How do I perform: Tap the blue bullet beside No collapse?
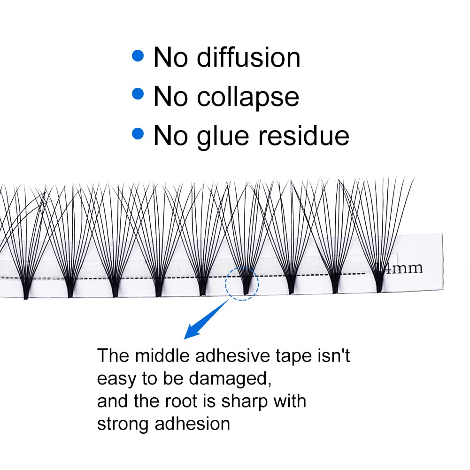click(138, 94)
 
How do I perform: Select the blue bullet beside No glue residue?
click(138, 134)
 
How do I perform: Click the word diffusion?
click(248, 57)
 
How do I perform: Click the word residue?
click(306, 135)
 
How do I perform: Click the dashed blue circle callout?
click(241, 284)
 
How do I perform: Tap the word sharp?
click(244, 402)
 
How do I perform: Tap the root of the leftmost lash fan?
click(26, 292)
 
